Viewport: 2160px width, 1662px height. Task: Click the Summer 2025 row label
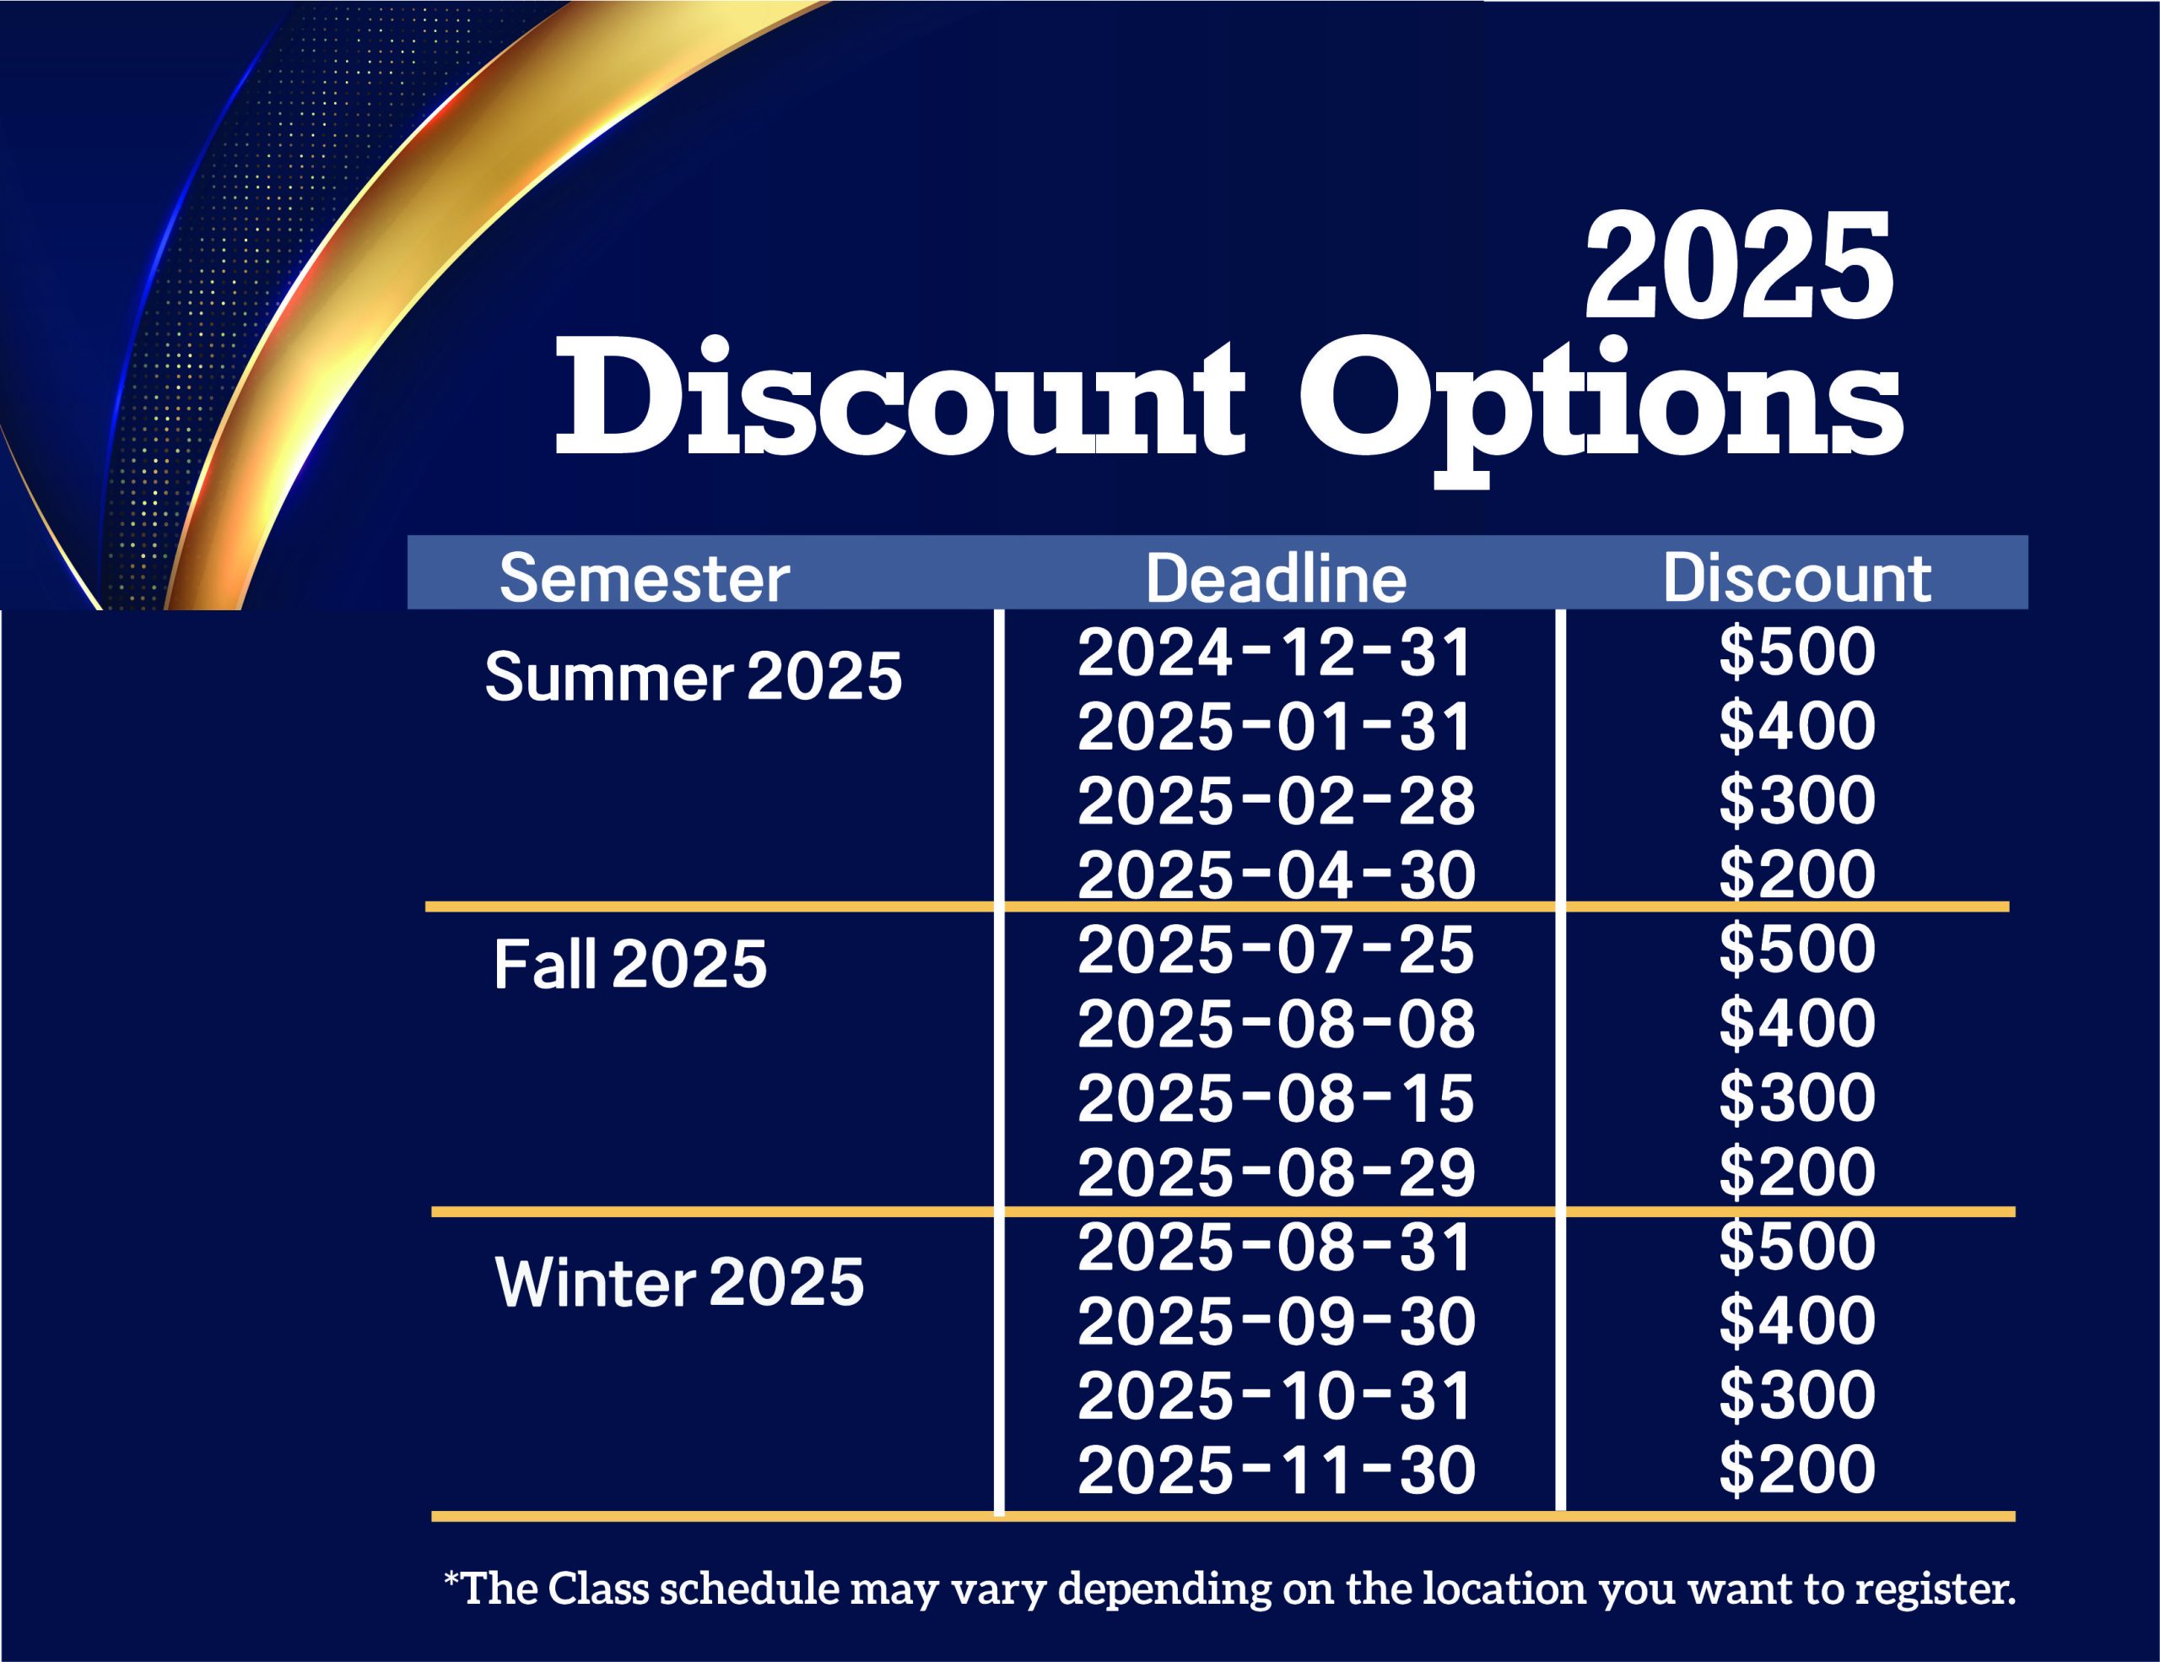(x=694, y=677)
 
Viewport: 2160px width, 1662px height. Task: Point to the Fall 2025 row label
(x=630, y=964)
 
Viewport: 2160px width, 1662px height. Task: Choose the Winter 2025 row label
(x=679, y=1282)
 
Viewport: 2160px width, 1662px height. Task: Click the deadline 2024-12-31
(x=1276, y=653)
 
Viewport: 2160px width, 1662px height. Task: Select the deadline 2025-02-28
(x=1276, y=800)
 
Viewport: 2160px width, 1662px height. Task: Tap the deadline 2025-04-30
(x=1276, y=874)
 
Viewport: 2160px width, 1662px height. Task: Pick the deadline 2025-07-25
(x=1276, y=949)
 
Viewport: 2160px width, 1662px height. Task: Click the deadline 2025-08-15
(x=1276, y=1098)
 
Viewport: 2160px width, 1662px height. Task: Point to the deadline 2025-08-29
(x=1276, y=1172)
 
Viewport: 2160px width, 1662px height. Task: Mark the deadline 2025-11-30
(x=1276, y=1469)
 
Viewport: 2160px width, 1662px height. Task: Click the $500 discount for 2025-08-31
(x=1797, y=1246)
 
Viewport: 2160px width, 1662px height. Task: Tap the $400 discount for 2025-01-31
(x=1797, y=725)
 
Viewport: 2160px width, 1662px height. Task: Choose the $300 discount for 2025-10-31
(x=1797, y=1394)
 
